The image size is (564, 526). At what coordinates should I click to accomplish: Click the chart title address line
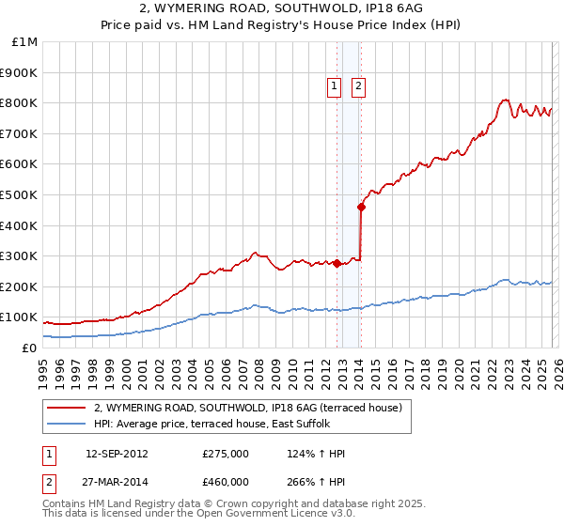[x=282, y=8]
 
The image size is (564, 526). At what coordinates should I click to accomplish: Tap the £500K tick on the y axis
[x=19, y=194]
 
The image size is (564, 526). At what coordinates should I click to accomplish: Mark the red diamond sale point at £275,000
[x=337, y=263]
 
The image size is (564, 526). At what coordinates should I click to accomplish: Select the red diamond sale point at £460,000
[x=362, y=207]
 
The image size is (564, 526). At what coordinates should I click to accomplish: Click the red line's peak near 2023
[x=505, y=100]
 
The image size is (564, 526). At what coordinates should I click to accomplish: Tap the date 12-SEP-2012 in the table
[x=117, y=454]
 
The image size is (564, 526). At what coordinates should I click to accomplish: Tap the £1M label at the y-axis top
[x=25, y=41]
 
